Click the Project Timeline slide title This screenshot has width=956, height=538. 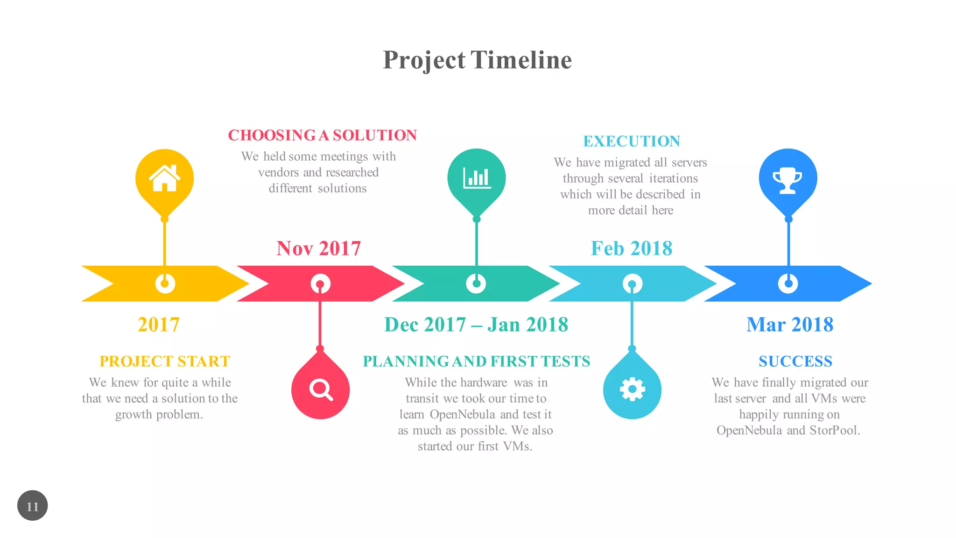click(x=477, y=60)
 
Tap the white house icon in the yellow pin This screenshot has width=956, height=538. click(x=164, y=178)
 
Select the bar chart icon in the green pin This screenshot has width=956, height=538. click(x=477, y=178)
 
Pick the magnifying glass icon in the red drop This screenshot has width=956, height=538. click(x=321, y=389)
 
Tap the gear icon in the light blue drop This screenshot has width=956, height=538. click(x=632, y=389)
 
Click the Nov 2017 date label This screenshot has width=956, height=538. click(x=319, y=248)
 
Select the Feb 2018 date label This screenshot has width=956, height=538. click(x=632, y=248)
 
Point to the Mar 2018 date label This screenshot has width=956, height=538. click(x=790, y=325)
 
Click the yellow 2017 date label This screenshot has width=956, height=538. click(x=159, y=325)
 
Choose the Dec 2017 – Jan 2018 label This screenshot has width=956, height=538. click(x=476, y=325)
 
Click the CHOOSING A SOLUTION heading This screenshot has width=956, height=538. click(x=322, y=135)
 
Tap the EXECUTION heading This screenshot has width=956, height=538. click(x=632, y=141)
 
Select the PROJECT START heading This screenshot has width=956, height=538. click(x=165, y=361)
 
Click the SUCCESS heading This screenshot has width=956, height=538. click(x=795, y=361)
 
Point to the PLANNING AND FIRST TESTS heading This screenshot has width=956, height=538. click(x=476, y=361)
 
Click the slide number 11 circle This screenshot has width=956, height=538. click(x=33, y=506)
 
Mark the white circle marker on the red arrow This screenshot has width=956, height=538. click(x=320, y=283)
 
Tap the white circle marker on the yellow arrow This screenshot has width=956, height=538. click(x=165, y=283)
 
